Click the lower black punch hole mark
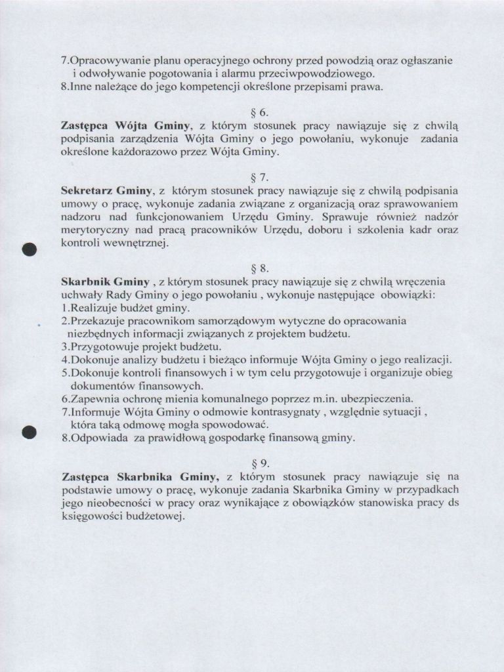click(x=28, y=432)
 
